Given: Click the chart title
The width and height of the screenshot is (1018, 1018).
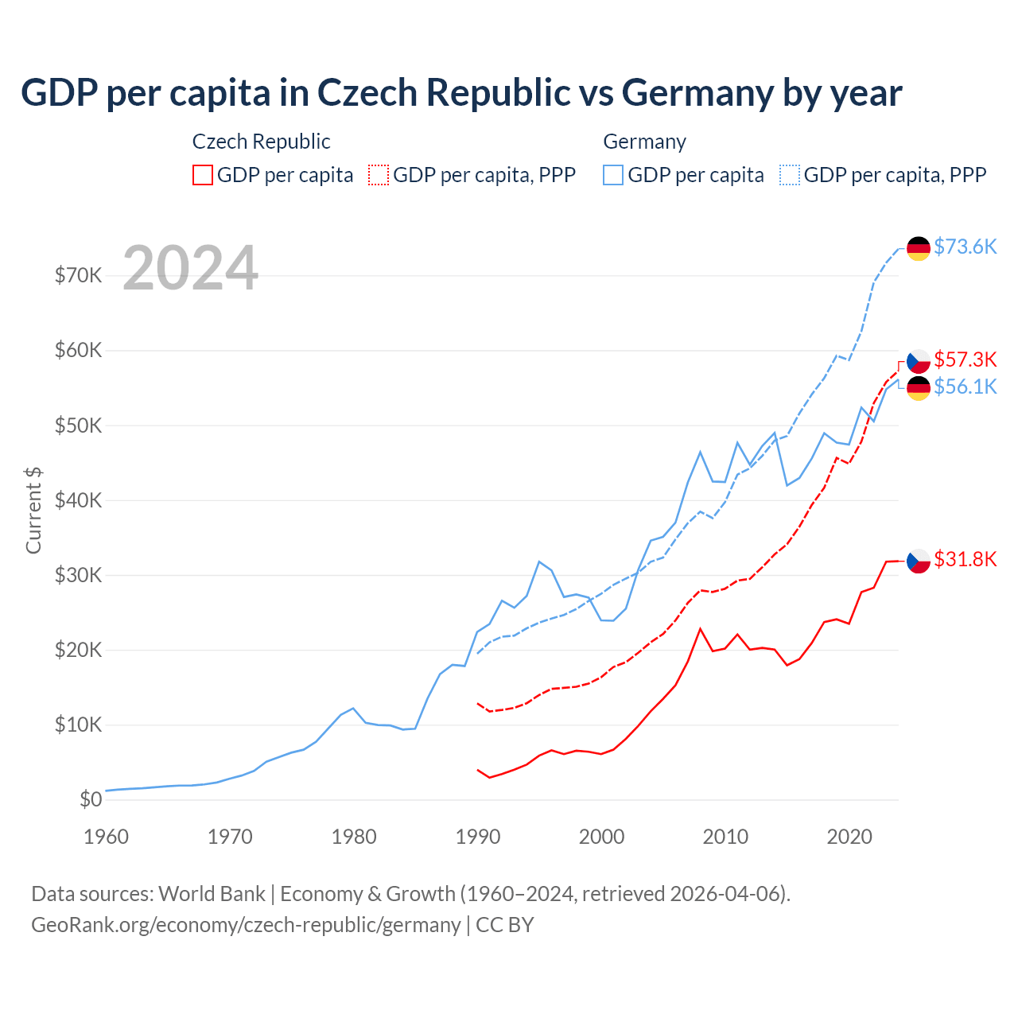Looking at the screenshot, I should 461,93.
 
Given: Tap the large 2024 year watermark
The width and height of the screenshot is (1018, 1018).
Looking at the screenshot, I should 191,268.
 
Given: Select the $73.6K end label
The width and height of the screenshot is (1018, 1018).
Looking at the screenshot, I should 965,247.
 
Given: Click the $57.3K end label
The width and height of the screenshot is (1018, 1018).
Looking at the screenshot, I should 965,359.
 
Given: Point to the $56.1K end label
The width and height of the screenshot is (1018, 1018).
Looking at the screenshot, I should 965,387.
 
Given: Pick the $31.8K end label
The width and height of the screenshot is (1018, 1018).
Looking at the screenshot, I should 965,560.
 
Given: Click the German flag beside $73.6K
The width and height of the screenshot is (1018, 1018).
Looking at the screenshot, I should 919,248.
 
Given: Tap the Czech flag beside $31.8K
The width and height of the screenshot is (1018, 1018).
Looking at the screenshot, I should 919,561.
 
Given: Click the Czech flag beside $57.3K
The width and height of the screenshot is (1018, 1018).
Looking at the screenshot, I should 919,361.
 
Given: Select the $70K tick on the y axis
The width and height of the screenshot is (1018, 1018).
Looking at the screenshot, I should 79,276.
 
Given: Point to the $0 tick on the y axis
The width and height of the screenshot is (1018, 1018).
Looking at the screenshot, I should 91,800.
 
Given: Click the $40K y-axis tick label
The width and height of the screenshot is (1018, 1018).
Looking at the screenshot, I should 79,500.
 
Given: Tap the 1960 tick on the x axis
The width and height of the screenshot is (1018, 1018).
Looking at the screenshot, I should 106,837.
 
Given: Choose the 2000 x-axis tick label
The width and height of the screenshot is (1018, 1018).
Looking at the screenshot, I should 602,837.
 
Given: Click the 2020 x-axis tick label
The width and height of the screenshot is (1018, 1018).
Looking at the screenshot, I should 849,837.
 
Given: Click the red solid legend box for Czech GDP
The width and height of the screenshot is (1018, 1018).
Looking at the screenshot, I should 203,175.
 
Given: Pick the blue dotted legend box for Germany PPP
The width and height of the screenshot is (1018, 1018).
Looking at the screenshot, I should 790,175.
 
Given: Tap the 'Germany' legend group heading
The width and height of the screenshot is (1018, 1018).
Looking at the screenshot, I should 644,142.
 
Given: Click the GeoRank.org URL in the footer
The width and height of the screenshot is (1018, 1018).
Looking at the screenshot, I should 246,925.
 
